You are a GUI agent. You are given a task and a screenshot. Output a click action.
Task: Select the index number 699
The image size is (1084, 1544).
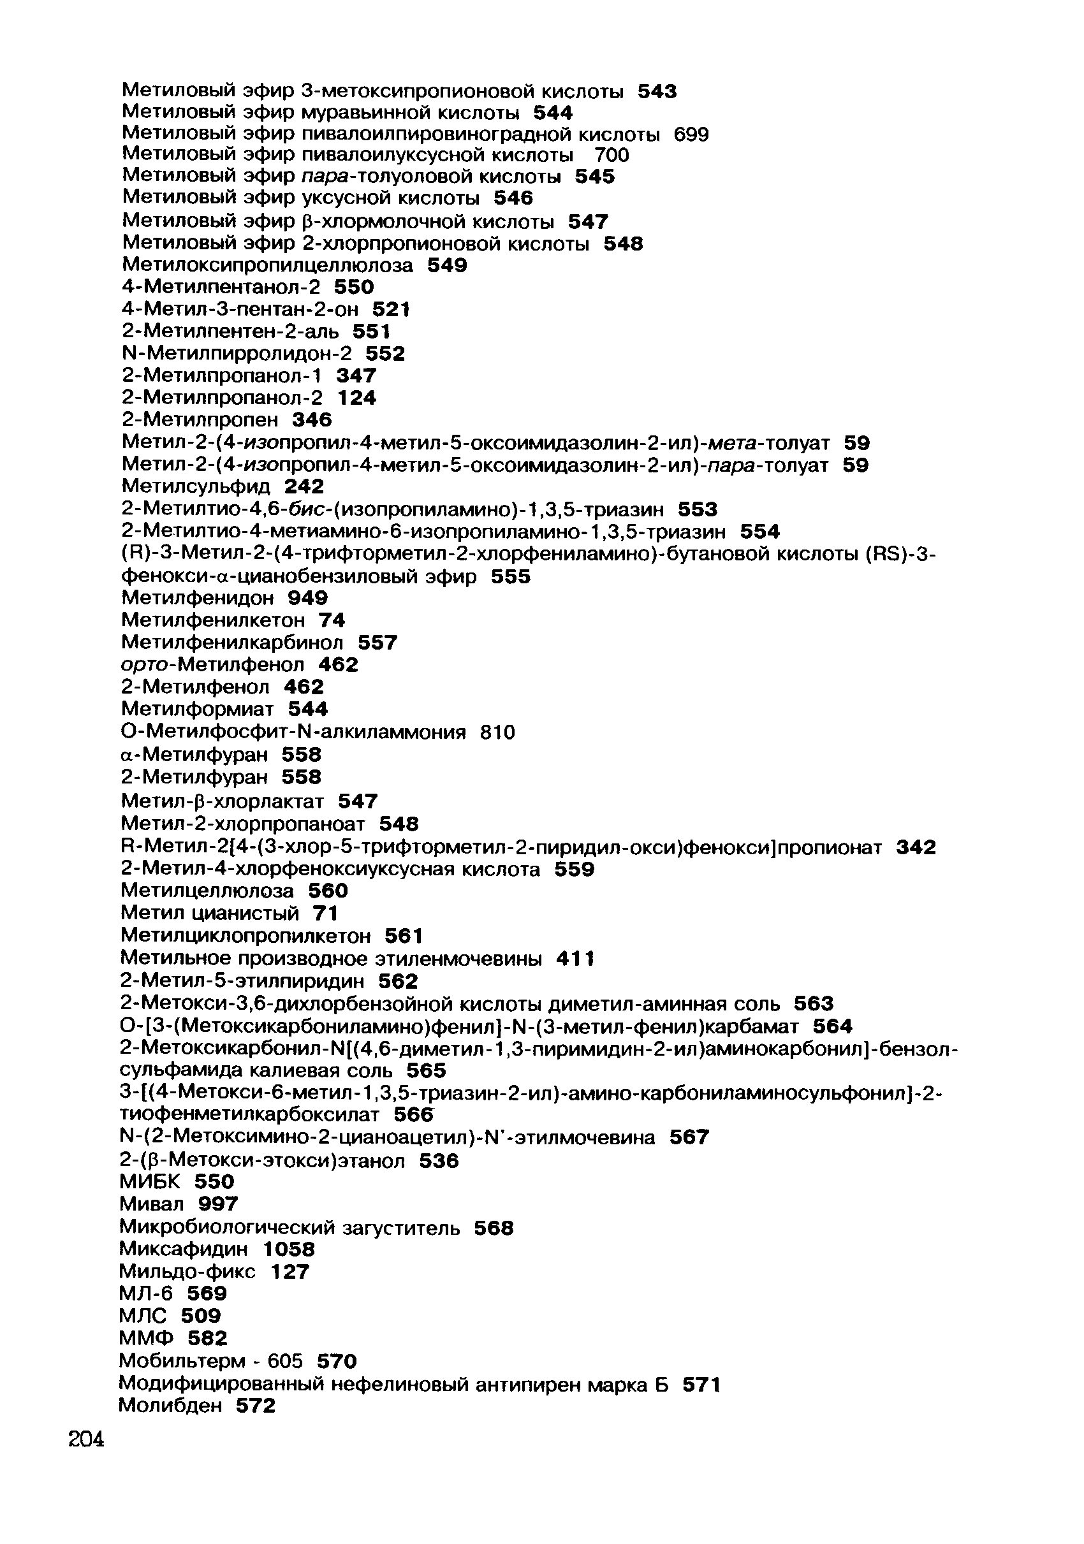click(x=691, y=135)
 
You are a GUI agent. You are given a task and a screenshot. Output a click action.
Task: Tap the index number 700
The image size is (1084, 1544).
click(x=612, y=156)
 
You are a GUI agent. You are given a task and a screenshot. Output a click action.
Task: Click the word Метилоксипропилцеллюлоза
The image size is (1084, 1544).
click(x=267, y=266)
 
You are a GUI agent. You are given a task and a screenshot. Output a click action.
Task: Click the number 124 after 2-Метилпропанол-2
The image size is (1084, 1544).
click(x=356, y=398)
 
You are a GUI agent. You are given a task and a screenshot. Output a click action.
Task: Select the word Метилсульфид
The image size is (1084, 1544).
click(x=196, y=486)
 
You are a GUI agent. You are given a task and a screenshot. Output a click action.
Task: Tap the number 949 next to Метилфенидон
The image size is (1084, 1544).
click(x=307, y=597)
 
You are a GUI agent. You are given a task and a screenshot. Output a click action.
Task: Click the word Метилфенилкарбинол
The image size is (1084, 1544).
click(x=232, y=643)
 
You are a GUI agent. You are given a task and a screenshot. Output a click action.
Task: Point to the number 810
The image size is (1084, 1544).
click(x=497, y=732)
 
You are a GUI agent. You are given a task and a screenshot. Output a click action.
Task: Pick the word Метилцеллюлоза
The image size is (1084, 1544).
click(x=207, y=891)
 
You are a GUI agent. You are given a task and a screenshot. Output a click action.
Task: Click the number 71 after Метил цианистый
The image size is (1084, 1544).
click(x=325, y=914)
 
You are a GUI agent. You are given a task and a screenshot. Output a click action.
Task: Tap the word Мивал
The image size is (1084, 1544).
click(x=151, y=1203)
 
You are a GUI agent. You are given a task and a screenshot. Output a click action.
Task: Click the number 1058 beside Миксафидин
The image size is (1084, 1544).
click(x=288, y=1249)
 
